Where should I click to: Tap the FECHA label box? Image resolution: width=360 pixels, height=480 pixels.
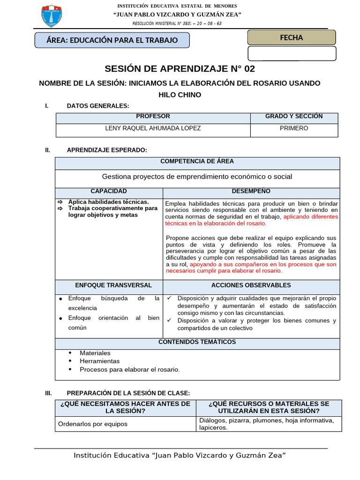pos(292,37)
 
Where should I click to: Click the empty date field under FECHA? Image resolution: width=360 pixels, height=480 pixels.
pos(292,53)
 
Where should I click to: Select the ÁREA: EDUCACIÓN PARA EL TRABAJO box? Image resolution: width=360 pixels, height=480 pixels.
pos(112,40)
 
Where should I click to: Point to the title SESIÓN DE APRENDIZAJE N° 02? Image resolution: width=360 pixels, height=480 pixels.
pos(180,69)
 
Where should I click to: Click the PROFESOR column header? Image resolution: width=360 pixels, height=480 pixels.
pos(153,117)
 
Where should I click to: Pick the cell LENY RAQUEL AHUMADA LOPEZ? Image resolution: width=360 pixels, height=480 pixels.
pos(153,128)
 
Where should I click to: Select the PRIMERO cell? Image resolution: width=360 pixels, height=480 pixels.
pos(294,128)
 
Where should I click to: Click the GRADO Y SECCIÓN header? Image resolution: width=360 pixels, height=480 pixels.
pos(294,117)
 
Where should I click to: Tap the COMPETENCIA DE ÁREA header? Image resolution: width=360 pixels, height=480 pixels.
pos(197,161)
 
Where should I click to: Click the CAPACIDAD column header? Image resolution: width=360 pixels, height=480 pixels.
pos(109,191)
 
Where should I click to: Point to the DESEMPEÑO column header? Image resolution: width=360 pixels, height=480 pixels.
pos(251,191)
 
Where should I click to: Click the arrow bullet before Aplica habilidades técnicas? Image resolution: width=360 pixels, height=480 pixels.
pos(60,202)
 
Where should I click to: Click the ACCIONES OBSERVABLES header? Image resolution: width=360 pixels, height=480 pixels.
pos(251,285)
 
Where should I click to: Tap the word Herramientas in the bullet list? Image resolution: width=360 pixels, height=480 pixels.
pos(99,361)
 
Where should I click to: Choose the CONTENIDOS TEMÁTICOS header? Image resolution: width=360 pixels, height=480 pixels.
pos(197,342)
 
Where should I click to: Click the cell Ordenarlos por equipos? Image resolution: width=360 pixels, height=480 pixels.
pos(92,424)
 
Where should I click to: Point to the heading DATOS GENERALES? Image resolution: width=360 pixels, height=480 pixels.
pos(98,106)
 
